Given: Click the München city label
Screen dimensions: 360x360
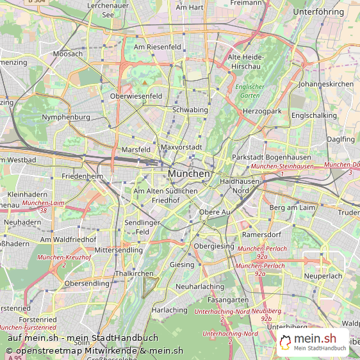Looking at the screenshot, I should coord(189,174).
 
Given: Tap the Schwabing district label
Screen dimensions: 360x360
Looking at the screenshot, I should coord(190,110).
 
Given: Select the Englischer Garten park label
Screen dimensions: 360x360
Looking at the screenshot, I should coord(250,91).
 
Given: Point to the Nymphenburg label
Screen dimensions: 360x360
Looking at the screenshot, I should coord(65,117).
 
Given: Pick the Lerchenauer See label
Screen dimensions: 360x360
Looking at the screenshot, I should coord(113,10).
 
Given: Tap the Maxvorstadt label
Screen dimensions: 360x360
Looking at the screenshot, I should coord(181,147).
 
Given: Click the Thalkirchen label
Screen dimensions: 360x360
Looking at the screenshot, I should coord(134,274).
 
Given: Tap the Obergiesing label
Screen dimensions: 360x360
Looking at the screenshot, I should coord(214,246).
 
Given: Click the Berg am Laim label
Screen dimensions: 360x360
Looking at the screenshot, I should coord(292,208).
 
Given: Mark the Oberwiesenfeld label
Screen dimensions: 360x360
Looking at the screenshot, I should coord(136,97).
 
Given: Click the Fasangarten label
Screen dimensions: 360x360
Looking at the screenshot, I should coord(229,300).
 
